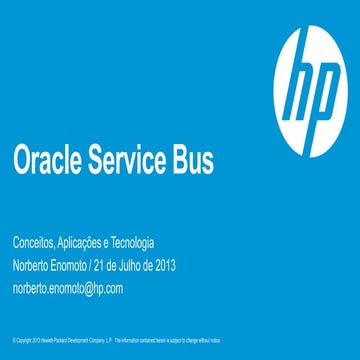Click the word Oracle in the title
tap(47, 161)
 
